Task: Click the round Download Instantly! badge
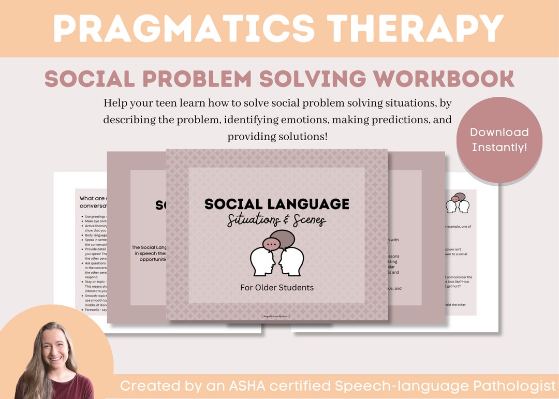pos(499,140)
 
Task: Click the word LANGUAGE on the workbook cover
pos(309,204)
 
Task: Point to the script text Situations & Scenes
pos(276,221)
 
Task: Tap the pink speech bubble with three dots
pos(272,243)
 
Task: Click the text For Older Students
pos(276,287)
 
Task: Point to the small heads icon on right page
pos(457,203)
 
